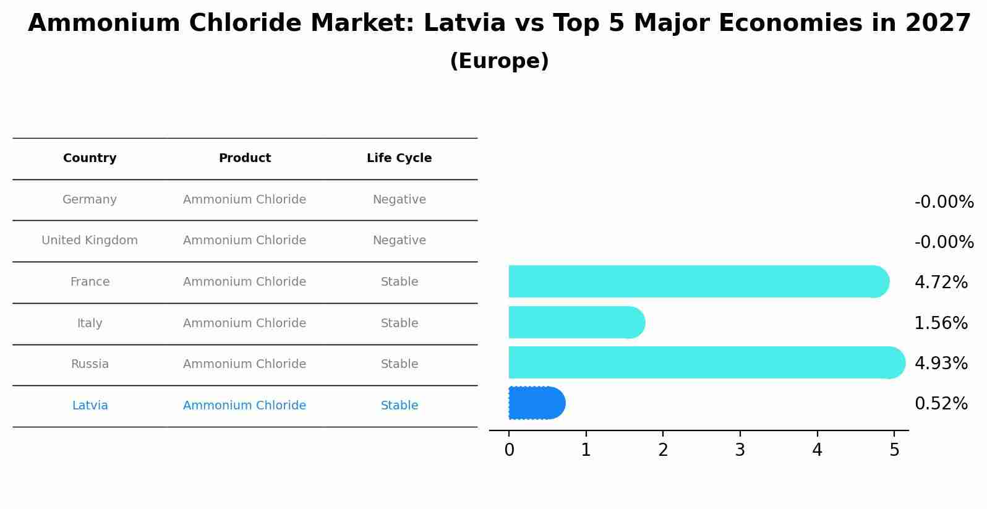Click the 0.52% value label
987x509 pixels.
click(x=941, y=404)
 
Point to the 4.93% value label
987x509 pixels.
click(x=941, y=363)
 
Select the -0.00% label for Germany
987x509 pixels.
click(x=944, y=202)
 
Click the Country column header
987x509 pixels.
click(x=90, y=158)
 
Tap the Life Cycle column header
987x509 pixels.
click(x=399, y=158)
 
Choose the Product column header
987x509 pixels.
click(x=244, y=158)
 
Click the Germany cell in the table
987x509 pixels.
click(x=90, y=200)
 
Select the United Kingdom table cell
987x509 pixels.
click(x=90, y=241)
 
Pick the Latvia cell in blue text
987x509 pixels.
click(x=90, y=406)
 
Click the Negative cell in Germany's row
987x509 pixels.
click(x=399, y=200)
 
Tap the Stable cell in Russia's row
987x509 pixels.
click(x=399, y=364)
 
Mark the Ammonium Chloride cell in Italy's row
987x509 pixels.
click(x=244, y=323)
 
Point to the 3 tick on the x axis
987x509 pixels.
click(x=740, y=450)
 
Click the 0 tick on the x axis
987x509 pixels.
click(x=509, y=450)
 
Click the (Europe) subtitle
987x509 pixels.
click(x=499, y=61)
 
